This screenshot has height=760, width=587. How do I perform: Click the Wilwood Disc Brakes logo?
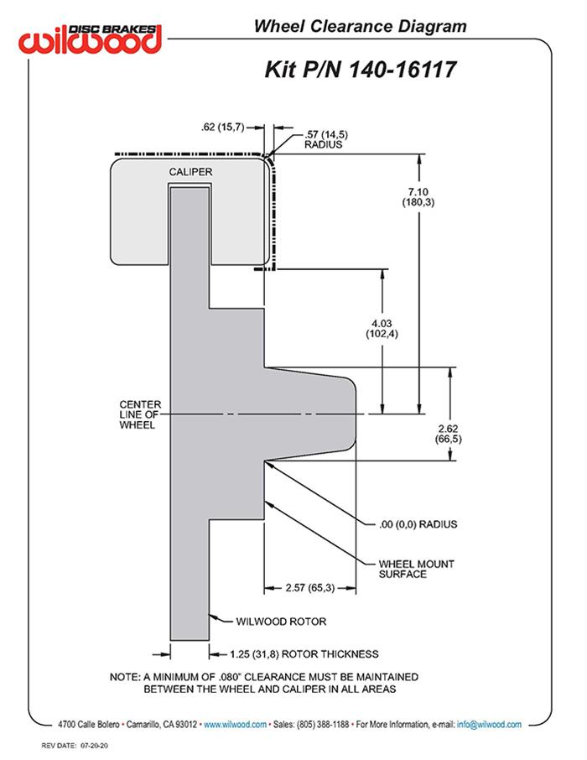[x=91, y=38]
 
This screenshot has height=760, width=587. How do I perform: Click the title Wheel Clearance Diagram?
[x=361, y=27]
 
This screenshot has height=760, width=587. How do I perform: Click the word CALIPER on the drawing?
[x=190, y=172]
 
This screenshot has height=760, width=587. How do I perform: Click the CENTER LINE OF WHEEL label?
[x=140, y=415]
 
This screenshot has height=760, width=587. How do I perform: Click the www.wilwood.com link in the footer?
[x=236, y=724]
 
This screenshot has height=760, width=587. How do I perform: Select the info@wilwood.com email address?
[x=489, y=724]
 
